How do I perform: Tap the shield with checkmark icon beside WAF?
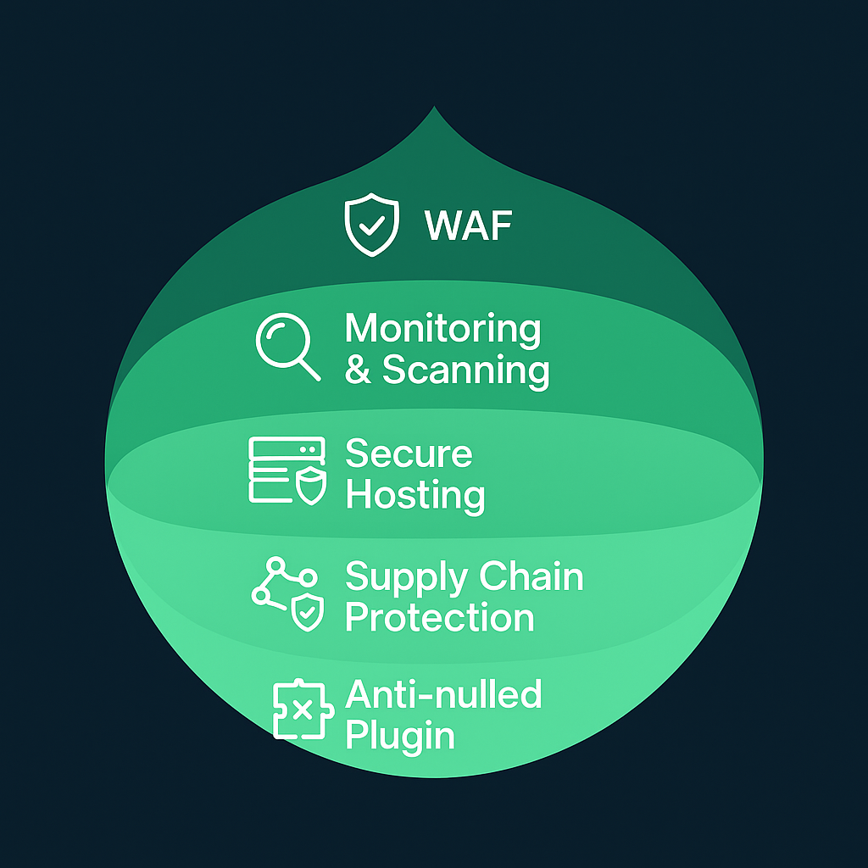click(371, 224)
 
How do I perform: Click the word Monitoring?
click(442, 329)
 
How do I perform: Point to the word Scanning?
click(465, 370)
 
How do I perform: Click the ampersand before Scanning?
click(358, 370)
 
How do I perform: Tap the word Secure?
click(409, 453)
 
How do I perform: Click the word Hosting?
click(415, 494)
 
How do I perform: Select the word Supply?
click(398, 579)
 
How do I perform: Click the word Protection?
click(440, 617)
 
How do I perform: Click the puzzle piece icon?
click(299, 709)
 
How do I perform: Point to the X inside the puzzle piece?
click(300, 709)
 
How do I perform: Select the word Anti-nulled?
click(443, 695)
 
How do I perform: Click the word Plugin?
click(400, 735)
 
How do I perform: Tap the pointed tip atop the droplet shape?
click(434, 110)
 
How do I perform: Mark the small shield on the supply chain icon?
click(307, 614)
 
